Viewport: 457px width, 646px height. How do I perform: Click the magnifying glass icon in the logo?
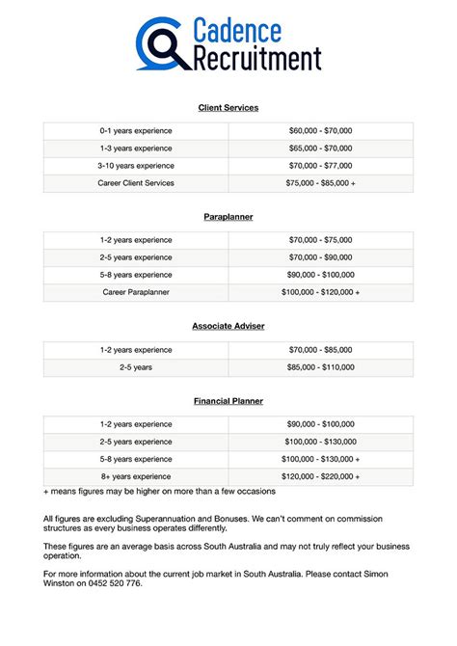pos(158,44)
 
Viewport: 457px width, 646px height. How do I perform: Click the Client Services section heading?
pos(228,107)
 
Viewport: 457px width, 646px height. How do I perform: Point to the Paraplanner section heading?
pos(228,217)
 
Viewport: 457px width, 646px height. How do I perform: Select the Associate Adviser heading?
pos(228,326)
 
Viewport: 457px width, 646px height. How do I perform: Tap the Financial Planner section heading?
pos(228,400)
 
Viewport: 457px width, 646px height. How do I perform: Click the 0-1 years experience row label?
pos(136,131)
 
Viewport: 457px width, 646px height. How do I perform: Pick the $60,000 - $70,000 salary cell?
pos(321,131)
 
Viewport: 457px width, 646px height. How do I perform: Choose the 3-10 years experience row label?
pos(136,166)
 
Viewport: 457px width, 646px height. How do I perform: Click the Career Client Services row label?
pos(136,183)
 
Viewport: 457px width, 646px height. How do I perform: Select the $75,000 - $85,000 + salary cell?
pos(321,183)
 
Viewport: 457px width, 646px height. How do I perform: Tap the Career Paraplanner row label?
pos(136,292)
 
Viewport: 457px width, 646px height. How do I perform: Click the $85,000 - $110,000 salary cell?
pos(321,366)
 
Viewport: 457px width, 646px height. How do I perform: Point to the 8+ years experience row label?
pos(136,476)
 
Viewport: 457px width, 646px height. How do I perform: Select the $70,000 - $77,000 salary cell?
pos(321,166)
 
